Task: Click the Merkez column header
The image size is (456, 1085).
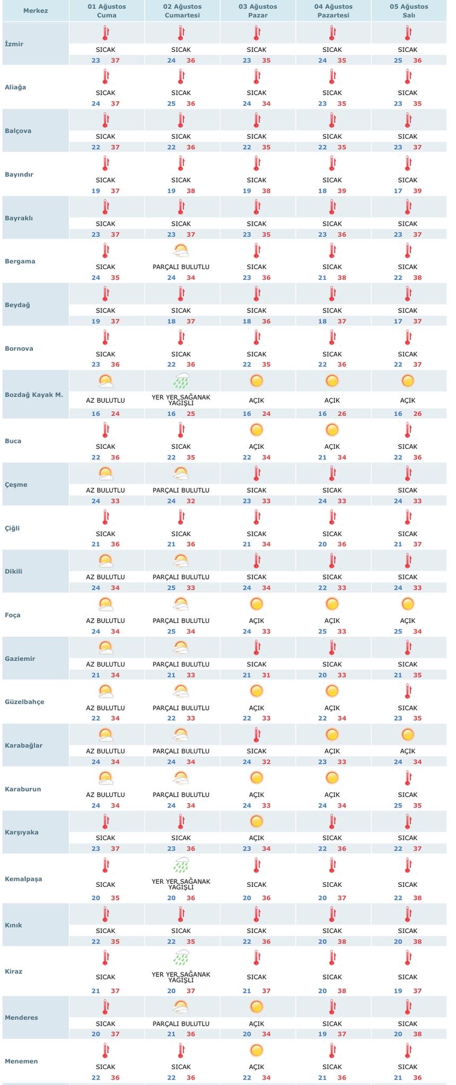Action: [x=36, y=11]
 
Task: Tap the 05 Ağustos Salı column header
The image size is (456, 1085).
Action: [x=409, y=11]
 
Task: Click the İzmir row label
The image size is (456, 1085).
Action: [x=14, y=44]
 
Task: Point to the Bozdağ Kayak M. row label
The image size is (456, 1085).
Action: [x=34, y=395]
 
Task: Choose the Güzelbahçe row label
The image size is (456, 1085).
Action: [x=24, y=702]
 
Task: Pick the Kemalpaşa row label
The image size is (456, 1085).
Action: [x=23, y=879]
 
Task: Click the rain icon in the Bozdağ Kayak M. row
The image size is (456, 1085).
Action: [x=181, y=380]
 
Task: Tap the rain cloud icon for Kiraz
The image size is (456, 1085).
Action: [x=181, y=957]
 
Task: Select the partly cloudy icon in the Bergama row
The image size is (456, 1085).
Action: [x=181, y=250]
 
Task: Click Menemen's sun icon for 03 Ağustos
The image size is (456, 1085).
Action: [x=257, y=1050]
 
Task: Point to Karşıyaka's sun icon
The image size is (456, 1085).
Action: [x=257, y=821]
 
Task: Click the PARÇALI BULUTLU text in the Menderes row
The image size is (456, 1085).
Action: [x=181, y=1024]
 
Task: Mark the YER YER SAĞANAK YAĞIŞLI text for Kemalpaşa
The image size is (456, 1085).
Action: [x=181, y=884]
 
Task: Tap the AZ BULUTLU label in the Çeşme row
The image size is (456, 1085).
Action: [x=106, y=490]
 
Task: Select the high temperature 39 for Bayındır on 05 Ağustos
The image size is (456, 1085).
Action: [x=417, y=191]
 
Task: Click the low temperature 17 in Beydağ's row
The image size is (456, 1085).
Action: [x=398, y=321]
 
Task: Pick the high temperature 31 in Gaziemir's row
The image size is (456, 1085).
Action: [x=266, y=675]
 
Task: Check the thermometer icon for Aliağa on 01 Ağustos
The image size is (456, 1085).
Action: [x=106, y=77]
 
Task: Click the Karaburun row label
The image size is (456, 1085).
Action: [x=23, y=789]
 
